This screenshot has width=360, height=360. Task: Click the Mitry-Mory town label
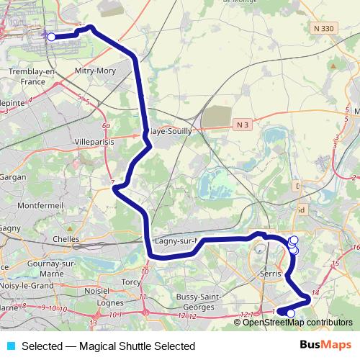click(x=95, y=71)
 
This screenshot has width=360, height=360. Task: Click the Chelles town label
click(x=66, y=238)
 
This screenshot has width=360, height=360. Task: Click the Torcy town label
click(x=132, y=282)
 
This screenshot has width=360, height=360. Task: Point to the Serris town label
click(x=269, y=274)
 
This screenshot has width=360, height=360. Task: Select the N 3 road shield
click(x=243, y=125)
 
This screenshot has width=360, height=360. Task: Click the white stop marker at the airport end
click(x=51, y=36)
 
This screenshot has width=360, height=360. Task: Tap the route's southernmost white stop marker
click(x=291, y=313)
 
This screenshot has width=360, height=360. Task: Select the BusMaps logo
click(x=325, y=346)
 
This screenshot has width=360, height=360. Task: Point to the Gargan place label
click(x=12, y=176)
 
